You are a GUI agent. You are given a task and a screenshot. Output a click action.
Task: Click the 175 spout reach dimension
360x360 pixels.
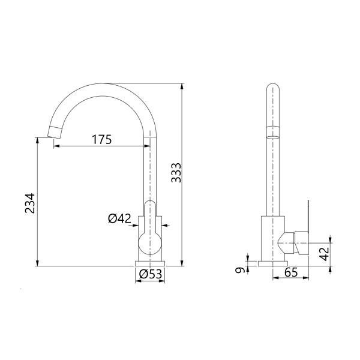[102, 139]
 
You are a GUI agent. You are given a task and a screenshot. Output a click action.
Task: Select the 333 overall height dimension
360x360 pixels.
[176, 173]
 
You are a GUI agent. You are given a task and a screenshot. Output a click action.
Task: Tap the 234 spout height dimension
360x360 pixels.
[30, 203]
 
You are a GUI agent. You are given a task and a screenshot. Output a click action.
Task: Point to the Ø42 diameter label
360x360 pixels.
[119, 218]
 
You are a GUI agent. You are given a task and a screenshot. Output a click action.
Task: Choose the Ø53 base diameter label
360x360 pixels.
[151, 274]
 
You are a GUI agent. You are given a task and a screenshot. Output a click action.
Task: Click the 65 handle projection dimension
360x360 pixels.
[291, 272]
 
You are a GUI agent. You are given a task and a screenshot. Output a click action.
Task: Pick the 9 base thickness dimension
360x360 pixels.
[239, 271]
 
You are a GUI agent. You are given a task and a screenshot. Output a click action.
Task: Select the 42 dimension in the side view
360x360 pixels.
[325, 254]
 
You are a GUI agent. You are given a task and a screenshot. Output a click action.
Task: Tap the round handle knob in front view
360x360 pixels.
[150, 244]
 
